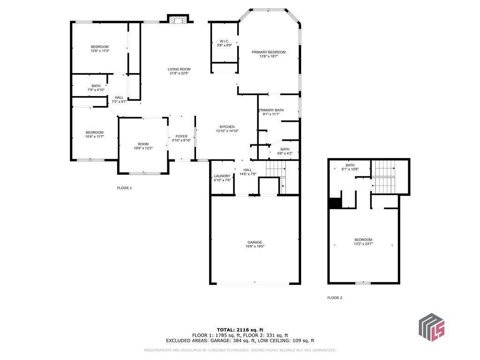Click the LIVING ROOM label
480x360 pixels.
[x=179, y=69]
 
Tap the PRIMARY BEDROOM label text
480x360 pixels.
[x=269, y=52]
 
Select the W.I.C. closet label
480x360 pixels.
[x=225, y=41]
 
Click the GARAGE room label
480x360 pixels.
[x=255, y=242]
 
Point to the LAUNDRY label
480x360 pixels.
[x=222, y=176]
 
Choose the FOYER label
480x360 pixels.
[x=181, y=136]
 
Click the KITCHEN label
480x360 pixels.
[x=227, y=127]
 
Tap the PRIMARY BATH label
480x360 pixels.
[x=271, y=110]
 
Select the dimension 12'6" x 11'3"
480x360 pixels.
[x=100, y=51]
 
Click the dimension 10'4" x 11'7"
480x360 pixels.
[x=94, y=137]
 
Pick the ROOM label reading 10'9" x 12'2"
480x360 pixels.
[x=143, y=144]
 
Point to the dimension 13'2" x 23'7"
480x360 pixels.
[x=363, y=244]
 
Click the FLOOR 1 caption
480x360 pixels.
[x=124, y=188]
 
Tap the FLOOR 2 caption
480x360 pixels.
[x=335, y=298]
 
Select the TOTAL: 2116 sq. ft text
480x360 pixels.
[x=240, y=330]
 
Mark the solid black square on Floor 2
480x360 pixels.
[x=335, y=203]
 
